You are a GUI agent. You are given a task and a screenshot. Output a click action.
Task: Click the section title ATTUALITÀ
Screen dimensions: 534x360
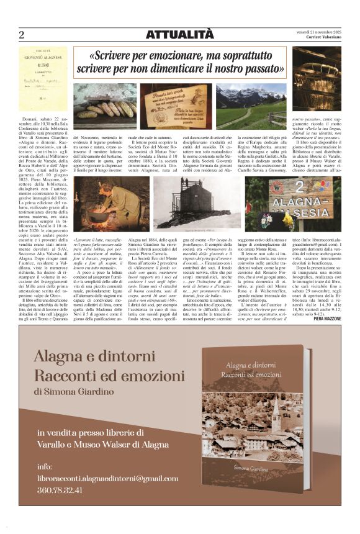point(180,35)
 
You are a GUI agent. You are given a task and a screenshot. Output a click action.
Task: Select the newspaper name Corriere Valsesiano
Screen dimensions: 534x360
point(319,37)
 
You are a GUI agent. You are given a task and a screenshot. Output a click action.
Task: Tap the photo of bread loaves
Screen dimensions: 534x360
point(104,106)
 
